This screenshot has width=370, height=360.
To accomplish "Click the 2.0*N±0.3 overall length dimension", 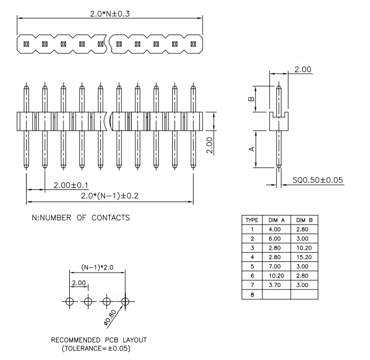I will (110, 13).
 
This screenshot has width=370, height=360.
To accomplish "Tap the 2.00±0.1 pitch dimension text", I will (70, 185).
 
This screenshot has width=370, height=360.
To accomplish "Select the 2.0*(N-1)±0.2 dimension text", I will (109, 196).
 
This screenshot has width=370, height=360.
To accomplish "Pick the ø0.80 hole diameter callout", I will (111, 318).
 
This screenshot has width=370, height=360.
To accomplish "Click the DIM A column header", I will (276, 220).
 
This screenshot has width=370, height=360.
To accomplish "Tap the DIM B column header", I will (304, 220).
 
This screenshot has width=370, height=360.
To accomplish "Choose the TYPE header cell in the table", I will (252, 220).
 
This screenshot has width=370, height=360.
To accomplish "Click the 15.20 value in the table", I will (304, 257).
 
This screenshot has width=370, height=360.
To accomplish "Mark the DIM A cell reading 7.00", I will (276, 266).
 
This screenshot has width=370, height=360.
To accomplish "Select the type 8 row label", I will (252, 294).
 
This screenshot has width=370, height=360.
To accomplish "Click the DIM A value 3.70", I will (276, 285).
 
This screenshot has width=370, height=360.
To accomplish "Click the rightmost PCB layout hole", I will (125, 302).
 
